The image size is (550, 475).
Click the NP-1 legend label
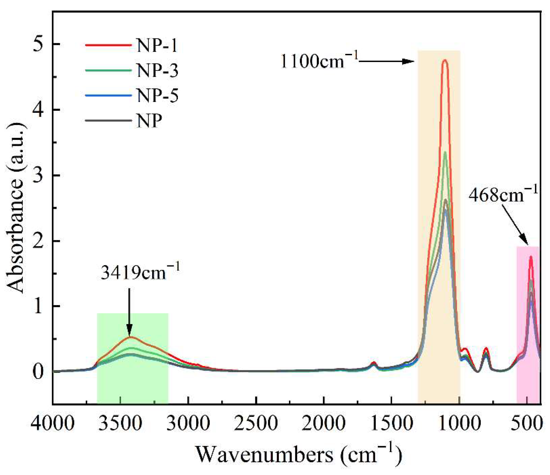point(157,45)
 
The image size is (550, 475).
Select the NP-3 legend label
point(157,70)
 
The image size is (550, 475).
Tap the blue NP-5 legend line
point(108,96)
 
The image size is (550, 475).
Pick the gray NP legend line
point(108,120)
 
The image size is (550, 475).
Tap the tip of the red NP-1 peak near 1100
point(445,61)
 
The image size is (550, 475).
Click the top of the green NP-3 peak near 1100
point(445,152)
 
